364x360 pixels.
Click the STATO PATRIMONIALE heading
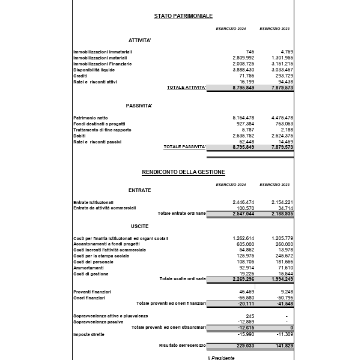point(183,16)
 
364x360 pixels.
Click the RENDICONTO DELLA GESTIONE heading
point(183,172)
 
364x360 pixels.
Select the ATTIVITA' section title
point(139,40)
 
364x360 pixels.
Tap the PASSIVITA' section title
point(139,106)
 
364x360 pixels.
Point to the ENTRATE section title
point(139,190)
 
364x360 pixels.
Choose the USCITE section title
point(139,226)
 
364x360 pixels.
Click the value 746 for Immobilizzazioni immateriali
point(250,52)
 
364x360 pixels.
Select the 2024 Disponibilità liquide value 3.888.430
point(243,70)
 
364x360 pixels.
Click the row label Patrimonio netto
point(91,118)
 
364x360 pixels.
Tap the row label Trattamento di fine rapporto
point(102,130)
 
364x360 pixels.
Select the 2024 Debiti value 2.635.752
point(243,136)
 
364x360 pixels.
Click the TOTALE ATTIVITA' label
point(186,88)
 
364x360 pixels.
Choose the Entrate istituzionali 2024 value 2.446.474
point(243,202)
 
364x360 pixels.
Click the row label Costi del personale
point(93,262)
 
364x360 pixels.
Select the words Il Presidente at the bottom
point(221,358)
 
